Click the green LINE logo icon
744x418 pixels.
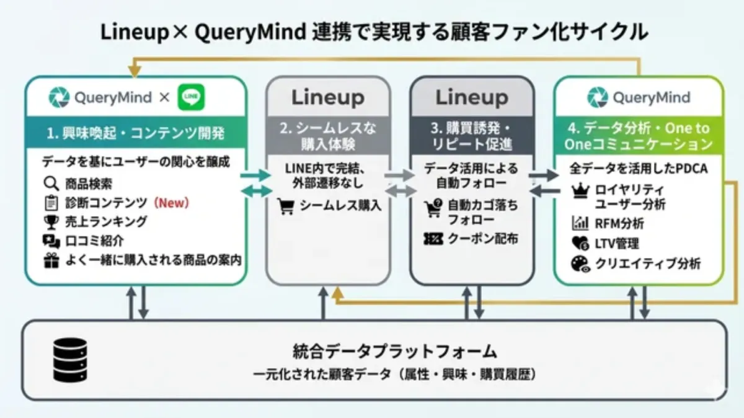191,98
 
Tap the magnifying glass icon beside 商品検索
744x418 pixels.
51,184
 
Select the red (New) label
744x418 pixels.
170,203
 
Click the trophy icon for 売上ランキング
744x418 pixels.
51,222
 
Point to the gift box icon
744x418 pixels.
51,261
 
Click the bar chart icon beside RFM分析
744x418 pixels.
580,223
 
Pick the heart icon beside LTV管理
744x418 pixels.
580,244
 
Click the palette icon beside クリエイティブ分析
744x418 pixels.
580,264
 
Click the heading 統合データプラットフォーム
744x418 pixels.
394,352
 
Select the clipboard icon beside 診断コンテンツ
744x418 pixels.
51,203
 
